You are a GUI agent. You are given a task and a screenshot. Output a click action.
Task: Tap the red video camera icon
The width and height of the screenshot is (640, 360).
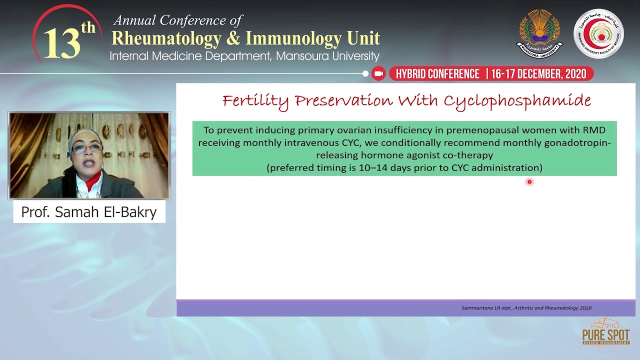click(x=378, y=74)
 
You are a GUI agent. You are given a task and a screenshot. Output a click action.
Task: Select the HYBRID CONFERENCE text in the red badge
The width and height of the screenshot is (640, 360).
click(x=437, y=74)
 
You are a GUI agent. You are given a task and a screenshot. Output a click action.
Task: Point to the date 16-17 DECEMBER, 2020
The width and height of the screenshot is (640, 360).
click(x=538, y=74)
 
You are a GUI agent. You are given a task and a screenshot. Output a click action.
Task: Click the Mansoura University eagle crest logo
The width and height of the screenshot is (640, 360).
click(x=539, y=33)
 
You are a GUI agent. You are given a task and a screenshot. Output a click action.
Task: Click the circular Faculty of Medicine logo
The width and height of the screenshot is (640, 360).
click(x=598, y=33)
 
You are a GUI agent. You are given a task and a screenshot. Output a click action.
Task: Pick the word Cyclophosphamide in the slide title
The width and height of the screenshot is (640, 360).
click(x=517, y=101)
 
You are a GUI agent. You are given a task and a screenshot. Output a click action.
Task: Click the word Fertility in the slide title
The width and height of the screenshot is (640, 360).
click(x=255, y=101)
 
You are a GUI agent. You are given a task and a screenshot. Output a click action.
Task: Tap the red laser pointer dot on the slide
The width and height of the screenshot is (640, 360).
click(x=529, y=182)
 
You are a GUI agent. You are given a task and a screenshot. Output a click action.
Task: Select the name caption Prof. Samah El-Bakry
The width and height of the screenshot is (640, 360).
click(x=89, y=212)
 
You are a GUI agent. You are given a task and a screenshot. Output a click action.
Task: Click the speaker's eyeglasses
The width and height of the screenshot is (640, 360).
click(x=87, y=148)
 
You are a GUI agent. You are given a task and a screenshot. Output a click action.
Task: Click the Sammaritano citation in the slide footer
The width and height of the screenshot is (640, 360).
click(x=526, y=308)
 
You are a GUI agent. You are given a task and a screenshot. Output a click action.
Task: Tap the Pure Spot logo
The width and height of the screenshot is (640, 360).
click(x=605, y=333)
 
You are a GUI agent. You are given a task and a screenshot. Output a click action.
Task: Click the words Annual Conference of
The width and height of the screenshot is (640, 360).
click(x=177, y=20)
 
